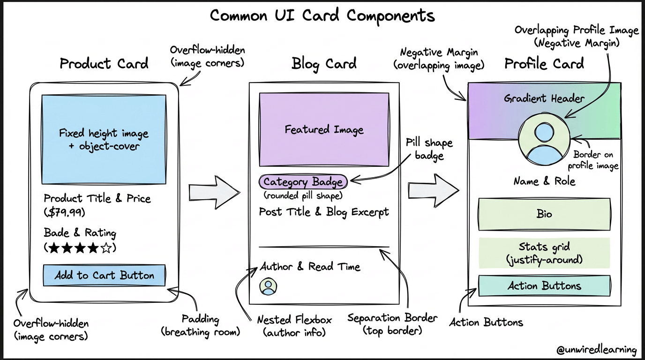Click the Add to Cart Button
point(104,275)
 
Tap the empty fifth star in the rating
point(106,248)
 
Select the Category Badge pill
point(303,182)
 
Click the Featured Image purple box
point(324,129)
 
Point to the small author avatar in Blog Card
point(269,286)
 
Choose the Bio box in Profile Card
point(544,214)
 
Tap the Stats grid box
point(544,253)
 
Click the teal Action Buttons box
point(544,285)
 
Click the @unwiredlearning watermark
point(596,350)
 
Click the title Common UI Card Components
point(322,15)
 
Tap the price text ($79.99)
point(65,212)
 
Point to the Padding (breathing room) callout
point(200,326)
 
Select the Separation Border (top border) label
point(392,324)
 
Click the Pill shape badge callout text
point(429,149)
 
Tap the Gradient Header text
point(544,98)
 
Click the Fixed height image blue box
point(104,139)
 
